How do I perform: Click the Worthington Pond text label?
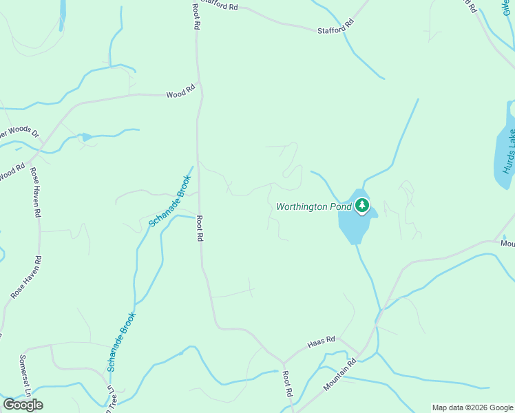[314, 206]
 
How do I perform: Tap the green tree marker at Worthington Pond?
[362, 205]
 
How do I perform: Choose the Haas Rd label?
[321, 340]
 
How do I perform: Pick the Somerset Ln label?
[24, 376]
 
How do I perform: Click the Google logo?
[23, 404]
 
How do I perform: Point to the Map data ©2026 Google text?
[472, 407]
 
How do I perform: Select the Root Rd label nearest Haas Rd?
[288, 383]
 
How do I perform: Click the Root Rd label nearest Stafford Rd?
[196, 14]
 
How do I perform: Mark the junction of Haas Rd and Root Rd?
[282, 362]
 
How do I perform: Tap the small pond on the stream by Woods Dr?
[87, 137]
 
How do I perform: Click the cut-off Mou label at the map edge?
[507, 243]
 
